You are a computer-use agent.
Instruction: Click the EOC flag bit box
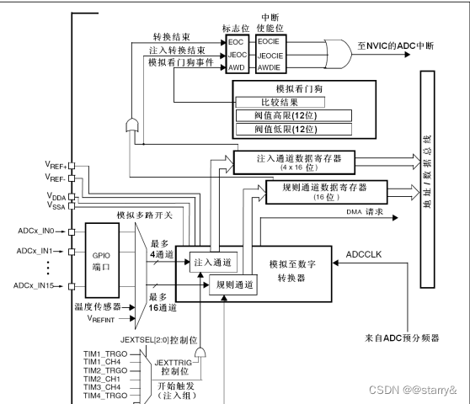pyautogui.click(x=237, y=40)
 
